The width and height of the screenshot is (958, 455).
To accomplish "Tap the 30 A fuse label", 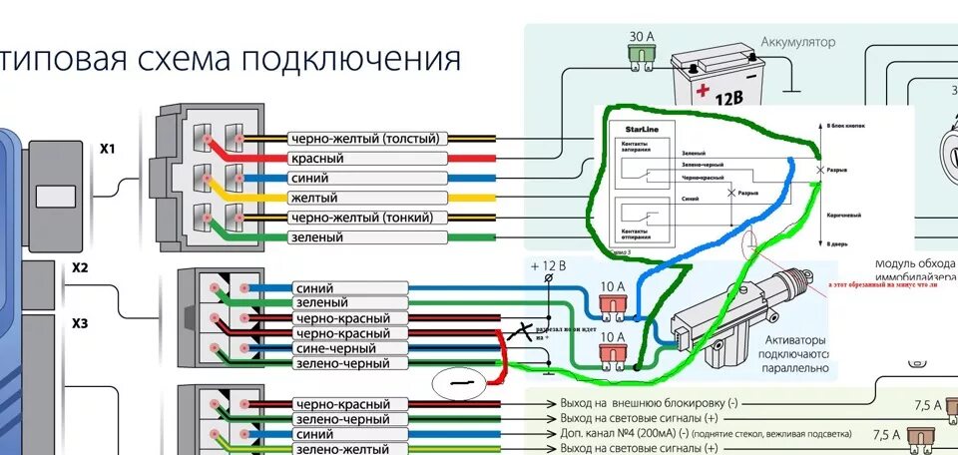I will click(643, 37).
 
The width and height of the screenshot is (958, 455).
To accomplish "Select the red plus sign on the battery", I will click(703, 92).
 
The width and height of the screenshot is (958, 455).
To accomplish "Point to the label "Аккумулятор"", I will click(797, 42).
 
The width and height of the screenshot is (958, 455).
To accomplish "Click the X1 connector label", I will click(108, 149).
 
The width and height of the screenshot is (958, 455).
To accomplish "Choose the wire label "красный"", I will click(316, 159).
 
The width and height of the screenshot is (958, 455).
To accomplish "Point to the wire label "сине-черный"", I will click(327, 349).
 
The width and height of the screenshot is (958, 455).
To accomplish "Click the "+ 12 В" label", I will click(549, 266).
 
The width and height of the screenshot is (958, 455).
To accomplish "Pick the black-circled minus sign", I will click(460, 382).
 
